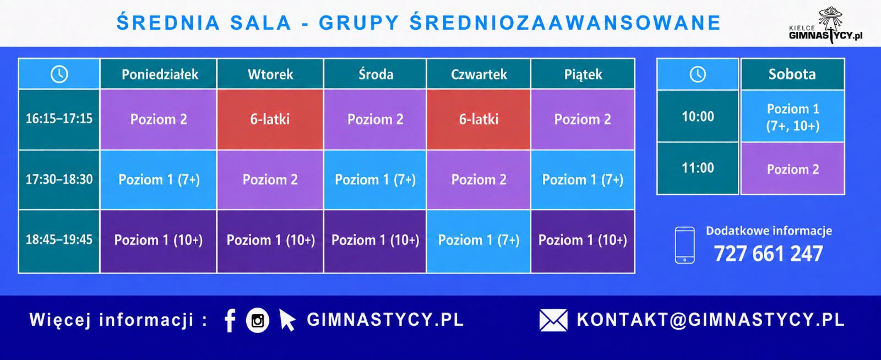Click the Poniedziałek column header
[x=159, y=74]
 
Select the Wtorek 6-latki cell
[x=270, y=119]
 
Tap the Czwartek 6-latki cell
[x=478, y=119]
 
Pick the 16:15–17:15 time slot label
[x=59, y=119]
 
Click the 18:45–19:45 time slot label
[x=59, y=240]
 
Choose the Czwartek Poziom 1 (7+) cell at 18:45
[x=478, y=240]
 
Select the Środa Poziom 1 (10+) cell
[x=375, y=240]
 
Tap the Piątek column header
[x=583, y=74]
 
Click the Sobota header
[x=792, y=74]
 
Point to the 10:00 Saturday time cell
[x=698, y=116]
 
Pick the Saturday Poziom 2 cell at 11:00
[x=792, y=169]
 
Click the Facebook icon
[x=230, y=320]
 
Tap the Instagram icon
[x=258, y=321]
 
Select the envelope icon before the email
[x=553, y=320]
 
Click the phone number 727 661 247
[x=768, y=254]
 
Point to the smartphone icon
[x=685, y=245]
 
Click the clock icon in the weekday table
[x=59, y=74]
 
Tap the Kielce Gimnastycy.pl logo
[x=826, y=25]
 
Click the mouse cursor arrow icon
[x=287, y=320]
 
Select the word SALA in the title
[x=260, y=23]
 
